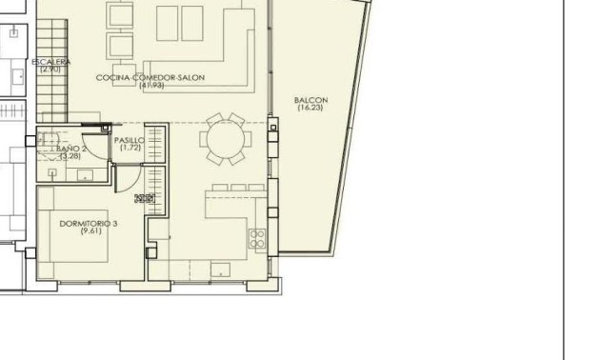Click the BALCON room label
[x=310, y=100]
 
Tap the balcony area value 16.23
[x=310, y=109]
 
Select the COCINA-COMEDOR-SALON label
[x=150, y=77]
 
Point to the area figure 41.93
[x=150, y=86]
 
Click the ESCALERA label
[x=50, y=62]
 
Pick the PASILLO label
[x=130, y=140]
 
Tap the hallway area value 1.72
[x=130, y=148]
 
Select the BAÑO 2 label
[x=71, y=150]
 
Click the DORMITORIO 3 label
[x=89, y=223]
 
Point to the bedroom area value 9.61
[x=90, y=231]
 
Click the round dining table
[x=226, y=138]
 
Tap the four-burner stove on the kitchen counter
[x=256, y=238]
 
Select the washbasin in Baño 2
[x=83, y=175]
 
